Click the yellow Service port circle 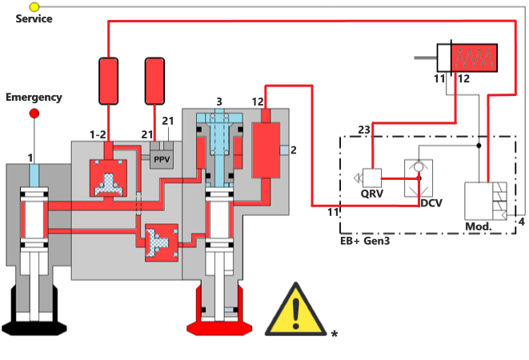[x=34, y=7]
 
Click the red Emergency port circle [x=34, y=114]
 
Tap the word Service [x=34, y=18]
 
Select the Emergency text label [x=34, y=98]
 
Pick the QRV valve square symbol [x=370, y=178]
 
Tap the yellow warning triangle [x=296, y=310]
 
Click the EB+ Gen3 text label [x=367, y=239]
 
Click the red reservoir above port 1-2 [x=110, y=80]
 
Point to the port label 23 [x=363, y=130]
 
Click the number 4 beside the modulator [x=521, y=221]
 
